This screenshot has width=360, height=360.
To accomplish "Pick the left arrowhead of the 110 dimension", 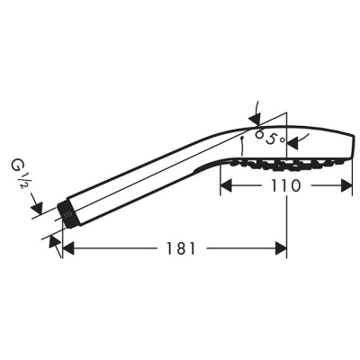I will click(227, 184).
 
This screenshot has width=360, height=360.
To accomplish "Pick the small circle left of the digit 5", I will click(258, 134).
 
